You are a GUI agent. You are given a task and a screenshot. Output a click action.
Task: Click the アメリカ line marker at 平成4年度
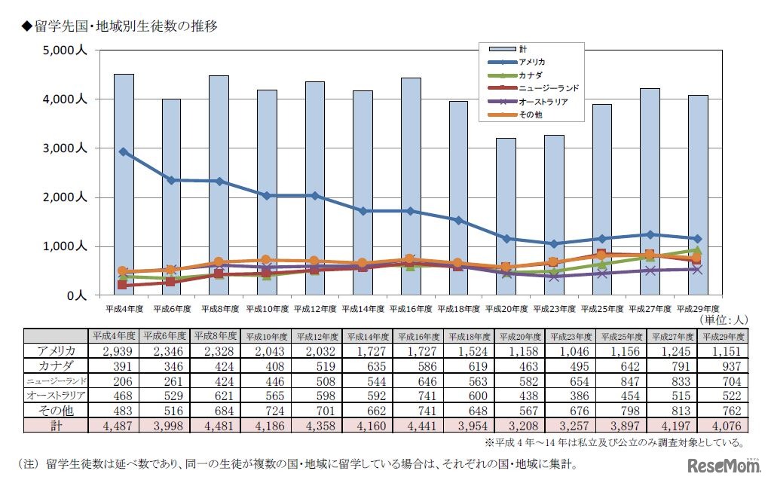point(124,151)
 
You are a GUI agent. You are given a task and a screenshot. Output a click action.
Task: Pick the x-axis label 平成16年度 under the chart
point(412,309)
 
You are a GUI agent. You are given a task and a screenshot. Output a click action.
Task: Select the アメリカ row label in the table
point(57,351)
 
